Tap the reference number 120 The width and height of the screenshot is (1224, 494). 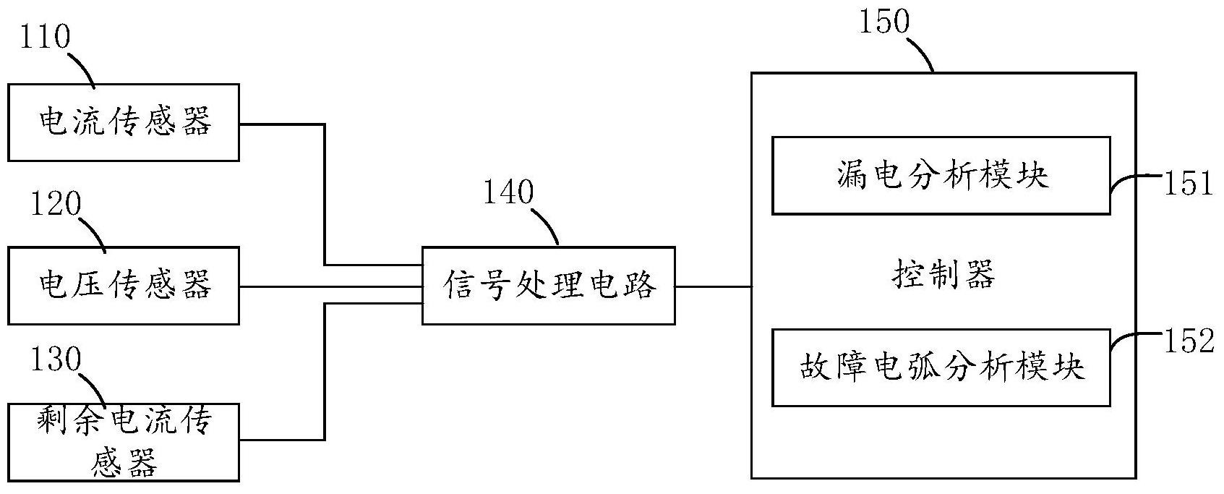point(55,204)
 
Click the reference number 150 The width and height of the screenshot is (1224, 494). point(883,22)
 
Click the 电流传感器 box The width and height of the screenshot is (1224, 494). point(124,122)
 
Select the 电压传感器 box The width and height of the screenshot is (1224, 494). point(124,286)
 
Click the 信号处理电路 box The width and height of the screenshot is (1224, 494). point(549,286)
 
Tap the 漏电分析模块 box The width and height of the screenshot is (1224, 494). point(941,176)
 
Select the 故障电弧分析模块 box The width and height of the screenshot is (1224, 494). point(941,367)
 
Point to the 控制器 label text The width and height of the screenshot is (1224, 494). point(943,276)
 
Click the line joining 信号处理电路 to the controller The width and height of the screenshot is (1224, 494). point(713,286)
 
